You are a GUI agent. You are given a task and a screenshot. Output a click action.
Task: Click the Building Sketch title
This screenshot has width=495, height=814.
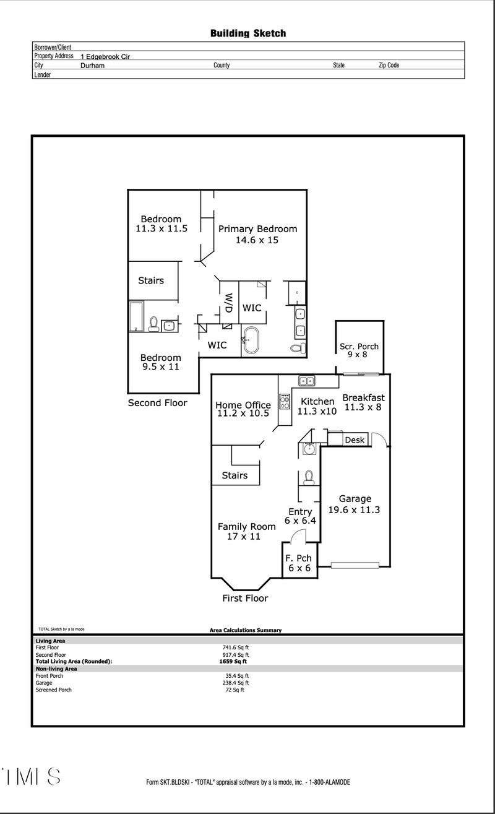[247, 33]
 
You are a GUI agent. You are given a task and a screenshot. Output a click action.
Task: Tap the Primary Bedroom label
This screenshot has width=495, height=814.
[257, 229]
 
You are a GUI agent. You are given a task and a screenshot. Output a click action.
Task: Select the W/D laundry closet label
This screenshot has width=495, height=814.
[228, 303]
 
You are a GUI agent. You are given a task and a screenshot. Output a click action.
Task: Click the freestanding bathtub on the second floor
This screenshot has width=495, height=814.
[252, 340]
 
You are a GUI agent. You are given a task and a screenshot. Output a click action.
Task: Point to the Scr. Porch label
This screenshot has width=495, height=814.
[359, 347]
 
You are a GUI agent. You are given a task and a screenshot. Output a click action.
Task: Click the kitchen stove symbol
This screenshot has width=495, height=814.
[285, 402]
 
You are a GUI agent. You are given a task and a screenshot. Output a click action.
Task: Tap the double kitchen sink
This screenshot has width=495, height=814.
[306, 381]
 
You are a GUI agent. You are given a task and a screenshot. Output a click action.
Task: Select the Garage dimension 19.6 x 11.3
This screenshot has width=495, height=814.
[355, 511]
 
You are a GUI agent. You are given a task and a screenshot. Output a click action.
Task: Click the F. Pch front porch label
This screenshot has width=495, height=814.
[298, 558]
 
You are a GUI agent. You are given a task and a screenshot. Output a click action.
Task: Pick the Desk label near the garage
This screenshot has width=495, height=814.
[355, 440]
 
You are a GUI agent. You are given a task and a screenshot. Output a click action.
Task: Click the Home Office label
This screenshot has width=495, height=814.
[243, 405]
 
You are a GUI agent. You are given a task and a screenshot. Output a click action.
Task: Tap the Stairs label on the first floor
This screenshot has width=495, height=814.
[235, 475]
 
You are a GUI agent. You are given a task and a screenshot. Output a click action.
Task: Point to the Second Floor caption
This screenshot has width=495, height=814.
[157, 403]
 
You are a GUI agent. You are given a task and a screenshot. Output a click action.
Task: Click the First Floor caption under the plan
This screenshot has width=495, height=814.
[246, 599]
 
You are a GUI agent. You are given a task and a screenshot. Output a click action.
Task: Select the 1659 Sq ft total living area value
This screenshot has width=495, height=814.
[229, 661]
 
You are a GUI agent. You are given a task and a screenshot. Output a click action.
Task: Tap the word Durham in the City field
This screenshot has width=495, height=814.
[92, 65]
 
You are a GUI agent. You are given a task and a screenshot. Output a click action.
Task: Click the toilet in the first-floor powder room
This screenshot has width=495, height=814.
[309, 477]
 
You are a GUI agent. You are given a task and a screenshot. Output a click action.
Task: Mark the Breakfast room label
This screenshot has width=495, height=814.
[363, 398]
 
